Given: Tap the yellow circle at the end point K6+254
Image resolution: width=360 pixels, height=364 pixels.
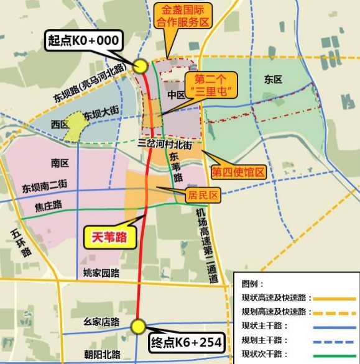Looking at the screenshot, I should click(138, 326).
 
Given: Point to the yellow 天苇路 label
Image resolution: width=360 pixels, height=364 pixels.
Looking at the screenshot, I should click(109, 236).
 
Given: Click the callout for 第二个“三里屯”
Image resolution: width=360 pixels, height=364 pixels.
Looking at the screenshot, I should click(208, 85).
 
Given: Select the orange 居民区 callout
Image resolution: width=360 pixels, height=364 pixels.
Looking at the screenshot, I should click(204, 195).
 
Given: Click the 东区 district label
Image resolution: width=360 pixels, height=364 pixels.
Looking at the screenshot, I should click(273, 80).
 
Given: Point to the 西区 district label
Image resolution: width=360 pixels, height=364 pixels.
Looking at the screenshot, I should click(60, 124).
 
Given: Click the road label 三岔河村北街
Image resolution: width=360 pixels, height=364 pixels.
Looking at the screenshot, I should click(167, 143).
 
